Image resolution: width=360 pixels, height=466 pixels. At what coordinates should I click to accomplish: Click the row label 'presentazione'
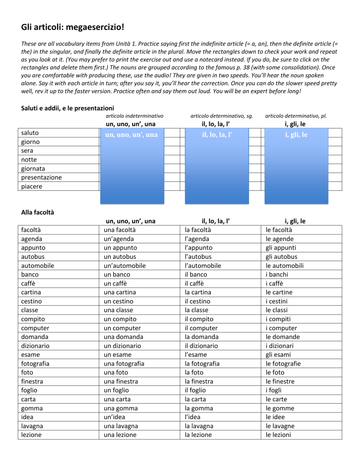(41, 178)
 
